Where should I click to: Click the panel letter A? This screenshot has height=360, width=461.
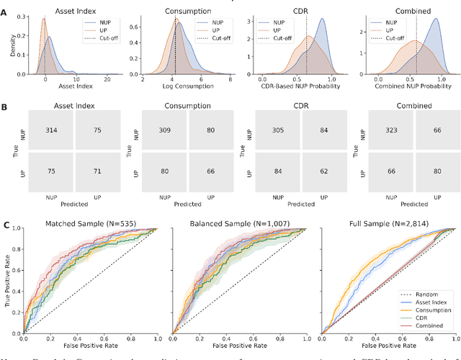tap(6, 14)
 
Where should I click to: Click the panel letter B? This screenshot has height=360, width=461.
tap(6, 106)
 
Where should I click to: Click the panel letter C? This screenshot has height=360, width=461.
tap(6, 226)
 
